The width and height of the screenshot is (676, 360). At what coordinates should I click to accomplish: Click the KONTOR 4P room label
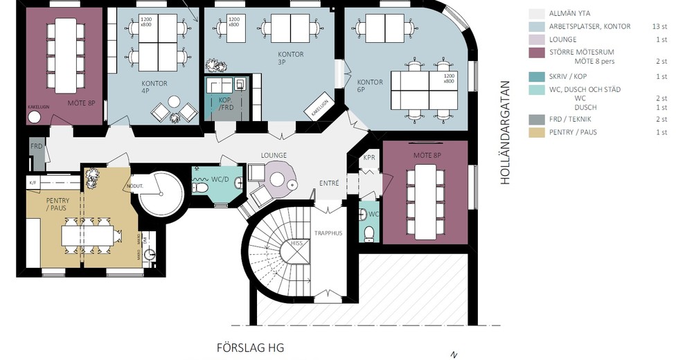pyautogui.click(x=154, y=88)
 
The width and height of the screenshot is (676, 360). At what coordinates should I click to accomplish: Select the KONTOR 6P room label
pyautogui.click(x=370, y=87)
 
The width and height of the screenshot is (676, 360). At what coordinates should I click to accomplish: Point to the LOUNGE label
pyautogui.click(x=274, y=155)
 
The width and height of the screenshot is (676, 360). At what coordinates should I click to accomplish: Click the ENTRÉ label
pyautogui.click(x=329, y=183)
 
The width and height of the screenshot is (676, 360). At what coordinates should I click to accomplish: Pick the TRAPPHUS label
pyautogui.click(x=328, y=234)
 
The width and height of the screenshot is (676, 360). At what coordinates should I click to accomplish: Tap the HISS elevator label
pyautogui.click(x=296, y=244)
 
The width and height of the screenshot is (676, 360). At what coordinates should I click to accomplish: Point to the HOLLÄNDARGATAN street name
pyautogui.click(x=505, y=132)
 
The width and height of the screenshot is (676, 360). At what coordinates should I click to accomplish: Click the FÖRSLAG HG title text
pyautogui.click(x=251, y=348)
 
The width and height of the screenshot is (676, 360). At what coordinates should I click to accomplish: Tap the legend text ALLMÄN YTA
pyautogui.click(x=569, y=13)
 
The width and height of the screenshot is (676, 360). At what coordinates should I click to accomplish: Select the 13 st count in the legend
pyautogui.click(x=660, y=26)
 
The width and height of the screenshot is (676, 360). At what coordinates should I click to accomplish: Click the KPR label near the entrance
pyautogui.click(x=369, y=158)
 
